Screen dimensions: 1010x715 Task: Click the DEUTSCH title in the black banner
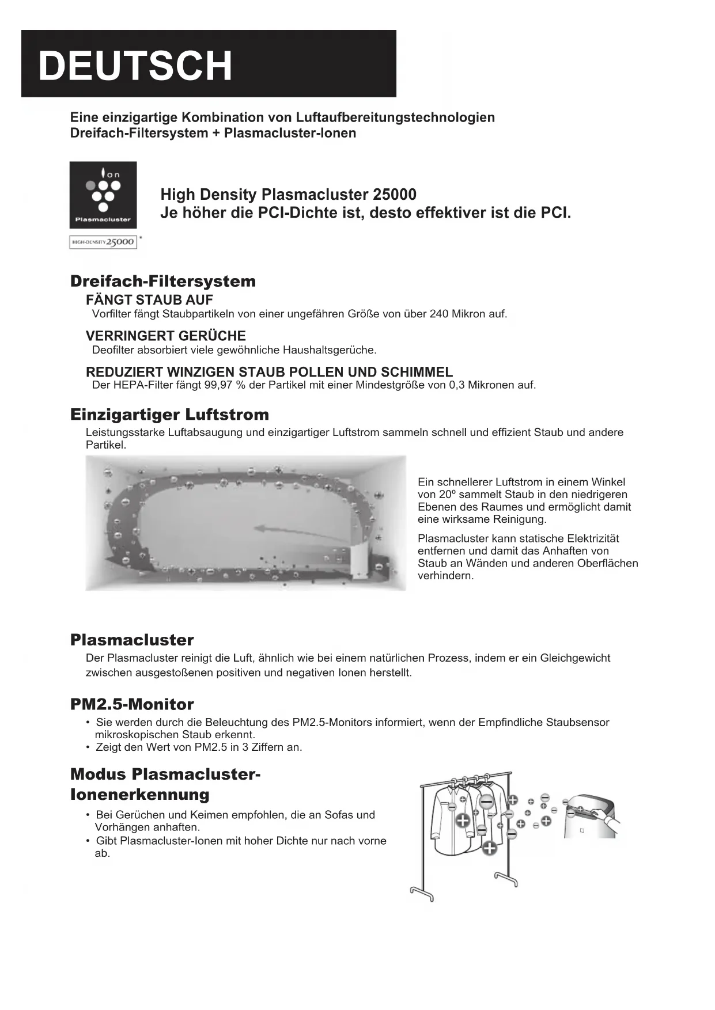[135, 66]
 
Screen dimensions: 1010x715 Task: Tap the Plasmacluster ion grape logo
[103, 194]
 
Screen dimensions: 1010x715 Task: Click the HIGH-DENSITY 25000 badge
[103, 242]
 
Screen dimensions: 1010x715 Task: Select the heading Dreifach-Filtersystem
[163, 282]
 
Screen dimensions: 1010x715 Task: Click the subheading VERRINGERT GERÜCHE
[166, 336]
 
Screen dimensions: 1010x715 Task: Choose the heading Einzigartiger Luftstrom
[169, 415]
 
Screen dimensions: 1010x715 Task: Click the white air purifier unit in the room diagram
[360, 561]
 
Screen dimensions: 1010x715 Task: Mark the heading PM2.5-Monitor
[132, 704]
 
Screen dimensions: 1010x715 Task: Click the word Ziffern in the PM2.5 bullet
[268, 747]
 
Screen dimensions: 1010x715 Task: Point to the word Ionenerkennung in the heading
[140, 795]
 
